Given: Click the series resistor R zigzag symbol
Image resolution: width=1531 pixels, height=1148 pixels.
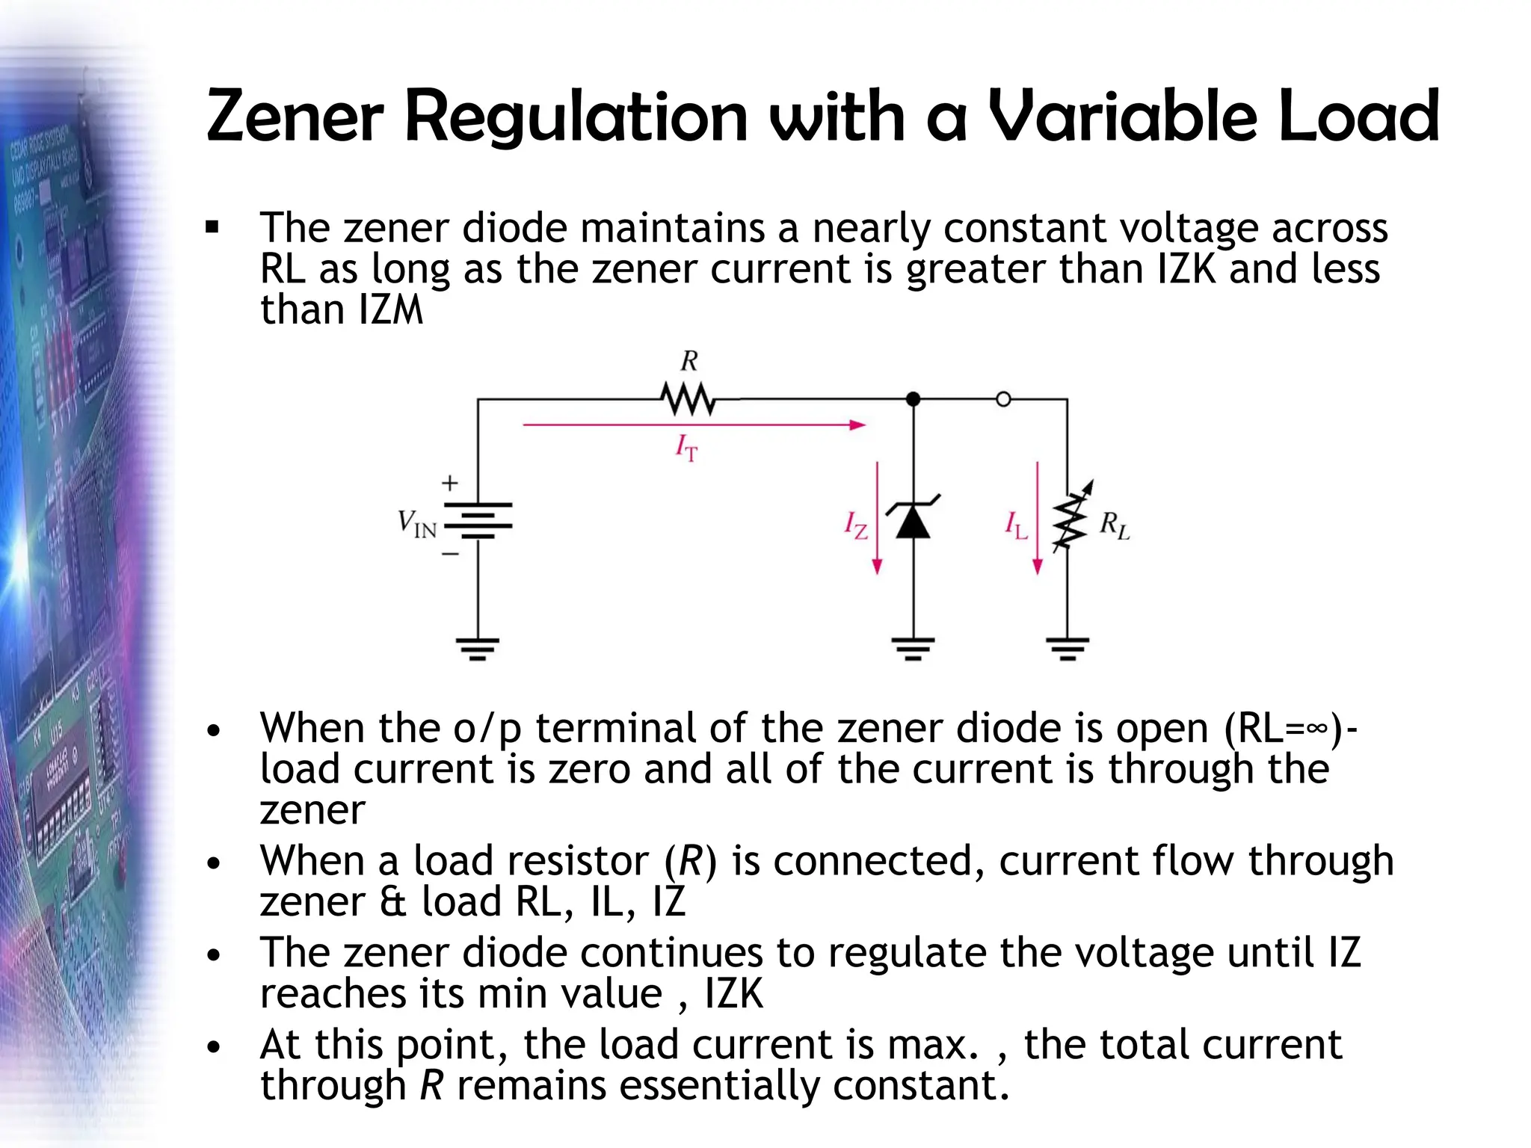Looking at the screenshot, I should (689, 400).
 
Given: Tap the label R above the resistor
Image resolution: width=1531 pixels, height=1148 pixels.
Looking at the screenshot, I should (689, 362).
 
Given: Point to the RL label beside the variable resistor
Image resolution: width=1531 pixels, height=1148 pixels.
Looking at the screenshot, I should (1114, 525).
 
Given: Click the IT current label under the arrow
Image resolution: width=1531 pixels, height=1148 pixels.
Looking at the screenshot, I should (686, 448).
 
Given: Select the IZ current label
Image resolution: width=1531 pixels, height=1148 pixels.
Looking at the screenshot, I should (855, 525).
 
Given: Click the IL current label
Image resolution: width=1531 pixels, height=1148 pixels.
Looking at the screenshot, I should (1016, 525).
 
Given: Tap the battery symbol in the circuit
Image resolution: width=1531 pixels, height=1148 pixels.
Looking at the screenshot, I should (478, 520).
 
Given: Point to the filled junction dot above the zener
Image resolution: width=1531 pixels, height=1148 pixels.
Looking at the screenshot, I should (913, 399).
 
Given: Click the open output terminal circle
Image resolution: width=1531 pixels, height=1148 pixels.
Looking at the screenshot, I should (1003, 399).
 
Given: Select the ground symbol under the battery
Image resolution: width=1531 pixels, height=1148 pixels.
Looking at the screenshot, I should (478, 649).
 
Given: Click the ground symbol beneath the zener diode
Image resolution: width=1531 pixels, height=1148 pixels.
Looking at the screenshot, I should (913, 649).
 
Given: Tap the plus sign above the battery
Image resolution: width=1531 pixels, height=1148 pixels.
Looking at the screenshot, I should (449, 483).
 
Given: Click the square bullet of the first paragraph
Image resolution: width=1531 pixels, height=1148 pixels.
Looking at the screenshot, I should (213, 227).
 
